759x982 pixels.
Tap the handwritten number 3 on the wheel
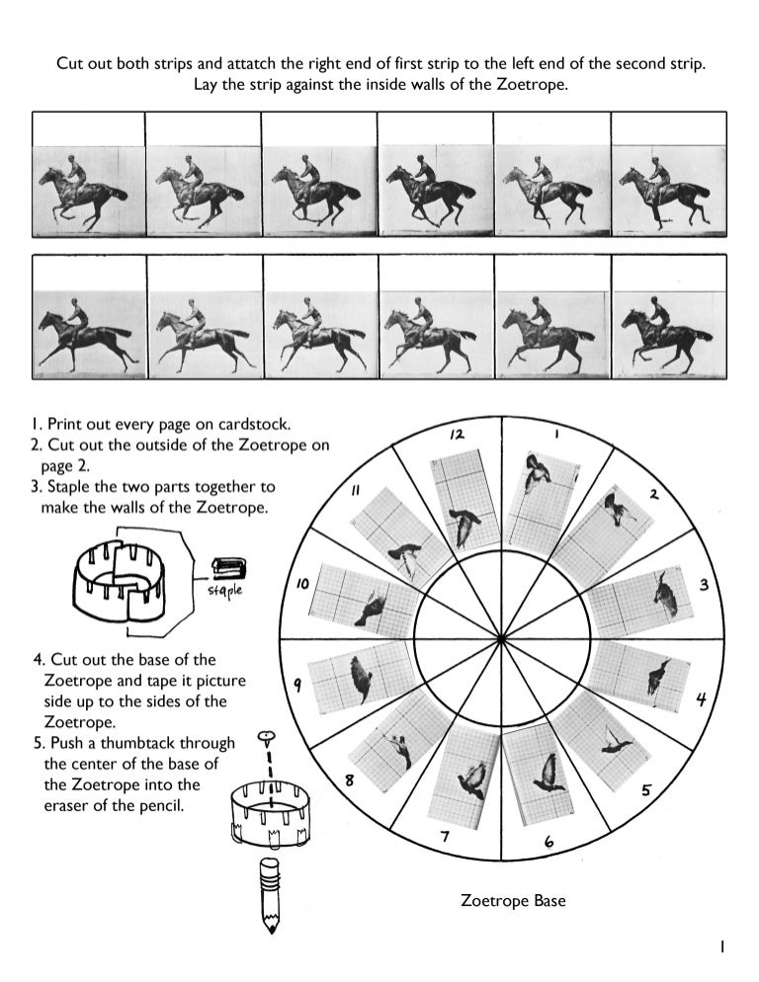pos(704,585)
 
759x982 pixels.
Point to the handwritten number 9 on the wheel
pos(298,685)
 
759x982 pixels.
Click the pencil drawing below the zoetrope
pos(268,895)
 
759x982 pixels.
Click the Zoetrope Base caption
pos(513,901)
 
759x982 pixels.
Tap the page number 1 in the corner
pos(721,946)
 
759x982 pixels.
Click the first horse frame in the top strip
pos(88,191)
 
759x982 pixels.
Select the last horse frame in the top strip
pos(669,190)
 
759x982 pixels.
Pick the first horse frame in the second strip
pos(89,333)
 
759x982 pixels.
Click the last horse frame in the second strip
pos(669,333)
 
